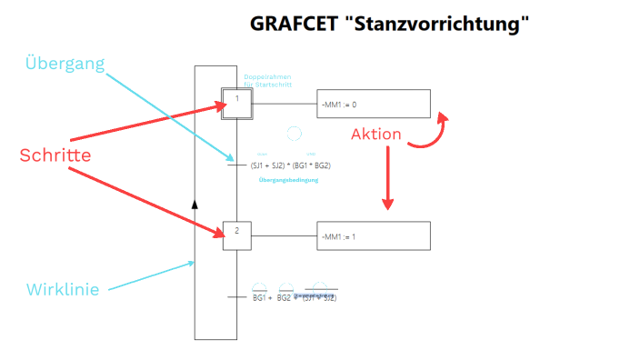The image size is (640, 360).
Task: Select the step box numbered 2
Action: [x=236, y=234]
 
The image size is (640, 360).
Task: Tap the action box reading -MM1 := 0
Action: [x=373, y=105]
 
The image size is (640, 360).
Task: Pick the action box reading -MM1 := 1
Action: [x=373, y=235]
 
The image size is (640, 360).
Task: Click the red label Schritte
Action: [x=55, y=155]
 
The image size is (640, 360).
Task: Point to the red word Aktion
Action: [x=375, y=135]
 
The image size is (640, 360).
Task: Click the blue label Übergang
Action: [x=65, y=65]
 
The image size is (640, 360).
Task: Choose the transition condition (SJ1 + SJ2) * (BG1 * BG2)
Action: [x=290, y=165]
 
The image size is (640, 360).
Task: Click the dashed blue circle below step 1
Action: [x=294, y=135]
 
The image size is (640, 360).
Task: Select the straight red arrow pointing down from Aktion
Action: [x=388, y=176]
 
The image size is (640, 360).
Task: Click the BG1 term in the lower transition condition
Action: [x=259, y=297]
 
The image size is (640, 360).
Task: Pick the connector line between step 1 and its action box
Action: [x=283, y=104]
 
